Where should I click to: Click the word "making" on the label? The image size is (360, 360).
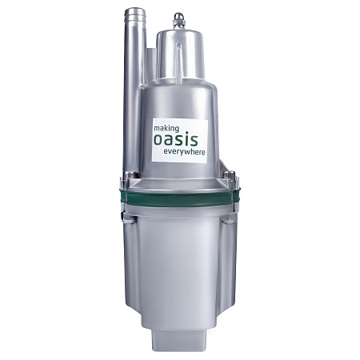click(x=166, y=129)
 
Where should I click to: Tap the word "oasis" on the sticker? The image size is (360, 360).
click(x=176, y=139)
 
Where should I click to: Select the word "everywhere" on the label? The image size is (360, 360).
click(x=184, y=152)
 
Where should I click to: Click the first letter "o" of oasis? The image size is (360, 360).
click(x=158, y=141)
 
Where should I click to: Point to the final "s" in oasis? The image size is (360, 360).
click(x=194, y=141)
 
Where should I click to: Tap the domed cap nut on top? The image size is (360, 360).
click(x=179, y=20)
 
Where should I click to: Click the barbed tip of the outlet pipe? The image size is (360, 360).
click(x=135, y=15)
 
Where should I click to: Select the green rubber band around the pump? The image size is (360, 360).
click(x=180, y=198)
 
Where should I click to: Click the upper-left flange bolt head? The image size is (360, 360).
click(x=129, y=175)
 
